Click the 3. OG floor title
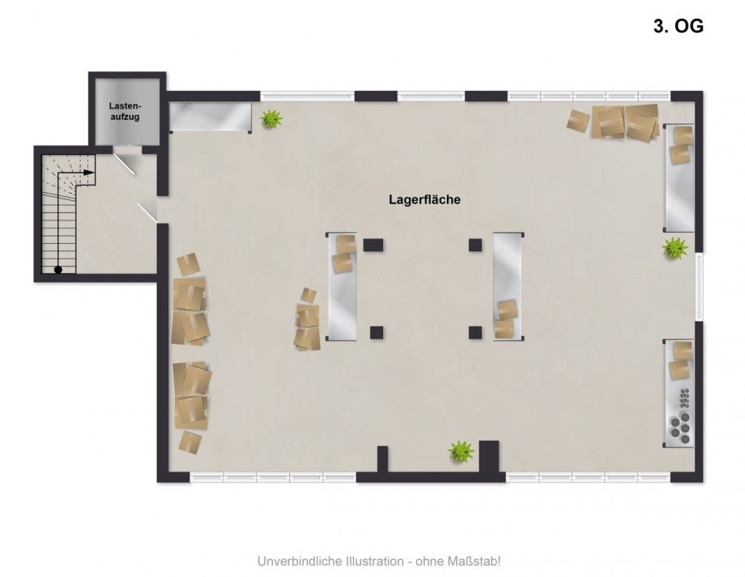pos(678,26)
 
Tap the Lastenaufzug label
pos(126,111)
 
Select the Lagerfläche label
pos(425,199)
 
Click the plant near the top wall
pos(271,118)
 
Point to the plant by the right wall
pos(675,248)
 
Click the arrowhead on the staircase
pos(89,172)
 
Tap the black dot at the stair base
pos(58,270)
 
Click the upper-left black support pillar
pos(373,245)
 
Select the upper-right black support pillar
pos(475,245)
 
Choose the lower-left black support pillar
pos(377,332)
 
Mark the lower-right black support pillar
pos(475,332)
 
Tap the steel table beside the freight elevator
pos(211,117)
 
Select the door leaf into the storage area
pos(147,212)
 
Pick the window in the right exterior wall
pos(699,286)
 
